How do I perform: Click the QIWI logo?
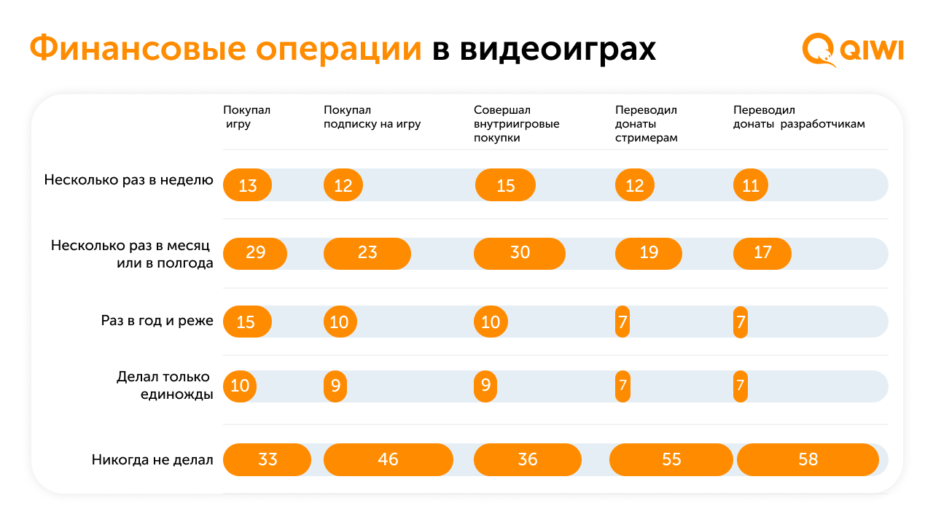pos(853,50)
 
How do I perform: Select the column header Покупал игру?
pos(246,117)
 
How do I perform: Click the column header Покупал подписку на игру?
pos(372,117)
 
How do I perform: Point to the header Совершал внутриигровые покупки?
pos(517,124)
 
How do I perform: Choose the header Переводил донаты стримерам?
pos(646,124)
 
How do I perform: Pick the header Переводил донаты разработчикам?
pos(799,117)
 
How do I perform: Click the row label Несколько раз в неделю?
pos(129,180)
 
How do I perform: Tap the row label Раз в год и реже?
pos(157,320)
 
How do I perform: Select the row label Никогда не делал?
pos(152,459)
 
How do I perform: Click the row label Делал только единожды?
pos(165,385)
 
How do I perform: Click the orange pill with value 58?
pos(808,459)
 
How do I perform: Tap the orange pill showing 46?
pos(389,459)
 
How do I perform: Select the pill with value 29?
pos(255,253)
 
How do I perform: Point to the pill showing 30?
pos(520,253)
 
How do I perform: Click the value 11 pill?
pos(751,184)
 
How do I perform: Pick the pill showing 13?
pos(247,184)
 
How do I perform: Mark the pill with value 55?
pos(671,459)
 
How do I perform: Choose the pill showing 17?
pos(762,253)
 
